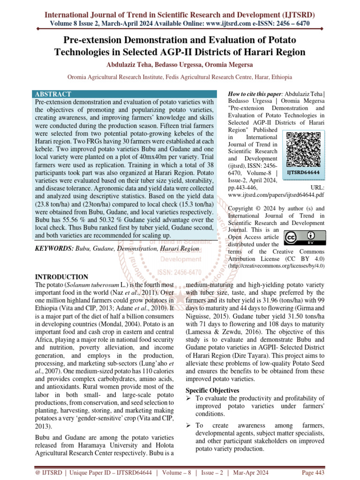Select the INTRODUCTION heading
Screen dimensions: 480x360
62,277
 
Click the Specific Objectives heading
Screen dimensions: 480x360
213,390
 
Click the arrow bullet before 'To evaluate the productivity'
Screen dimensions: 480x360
189,398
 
